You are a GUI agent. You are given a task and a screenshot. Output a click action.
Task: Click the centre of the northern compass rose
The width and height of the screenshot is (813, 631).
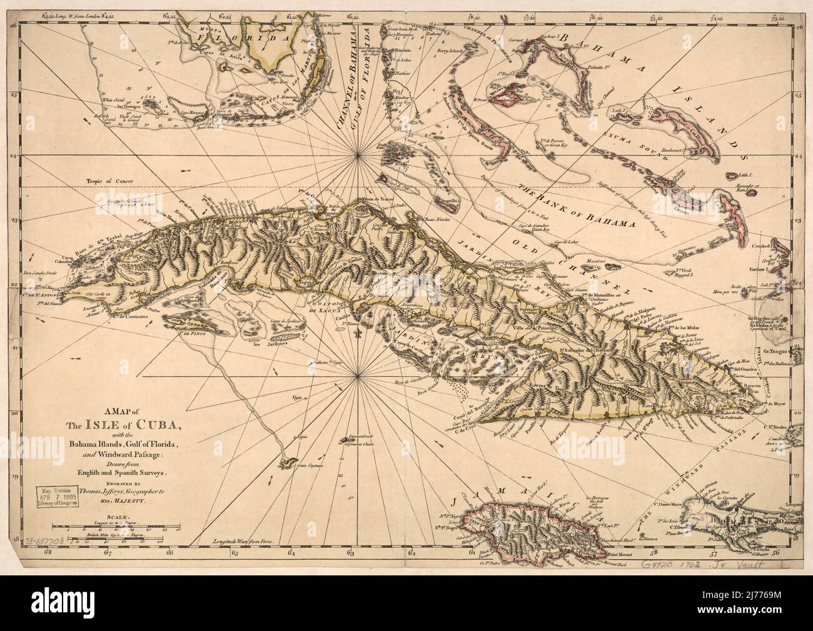click(x=358, y=151)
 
